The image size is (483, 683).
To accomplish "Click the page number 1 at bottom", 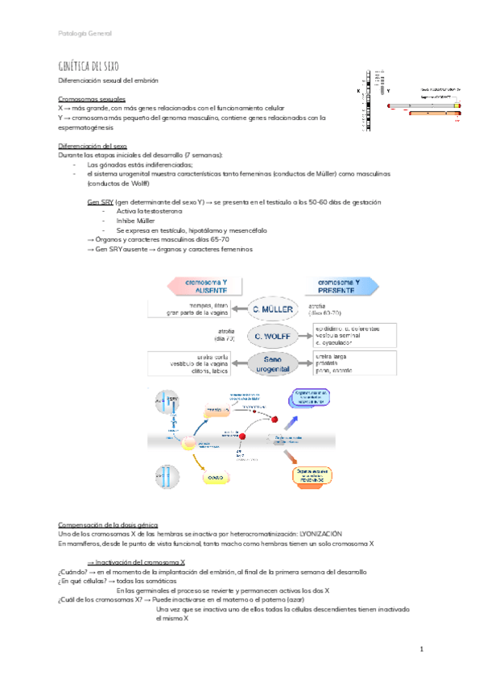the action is (421, 648).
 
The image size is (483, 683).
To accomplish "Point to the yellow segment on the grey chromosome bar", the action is (457, 105).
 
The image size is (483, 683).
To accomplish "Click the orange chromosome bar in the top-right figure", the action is (433, 114).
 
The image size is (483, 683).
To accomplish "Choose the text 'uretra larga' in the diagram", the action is (332, 354).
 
